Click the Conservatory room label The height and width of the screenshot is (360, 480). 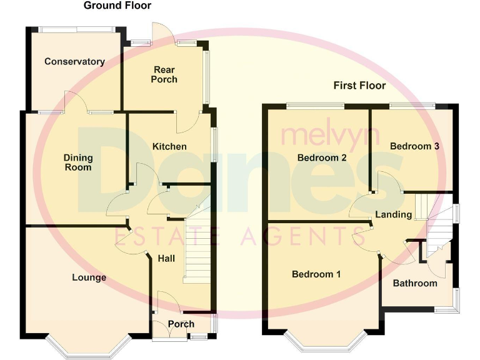(74, 61)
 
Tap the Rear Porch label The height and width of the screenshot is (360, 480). (164, 74)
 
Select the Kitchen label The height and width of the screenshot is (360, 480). (169, 146)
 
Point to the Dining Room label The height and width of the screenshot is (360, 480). (77, 162)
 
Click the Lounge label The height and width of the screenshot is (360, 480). (89, 277)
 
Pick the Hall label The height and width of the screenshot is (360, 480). (166, 258)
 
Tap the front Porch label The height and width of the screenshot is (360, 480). (181, 324)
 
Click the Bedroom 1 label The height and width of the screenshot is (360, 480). (317, 274)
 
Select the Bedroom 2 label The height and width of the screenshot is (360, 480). (322, 157)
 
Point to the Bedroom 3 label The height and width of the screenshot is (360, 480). (414, 146)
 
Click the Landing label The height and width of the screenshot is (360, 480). (393, 214)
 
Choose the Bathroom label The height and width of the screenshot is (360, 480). (414, 283)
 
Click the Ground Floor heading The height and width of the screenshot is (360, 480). (117, 6)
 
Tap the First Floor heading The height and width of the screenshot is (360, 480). (359, 85)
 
